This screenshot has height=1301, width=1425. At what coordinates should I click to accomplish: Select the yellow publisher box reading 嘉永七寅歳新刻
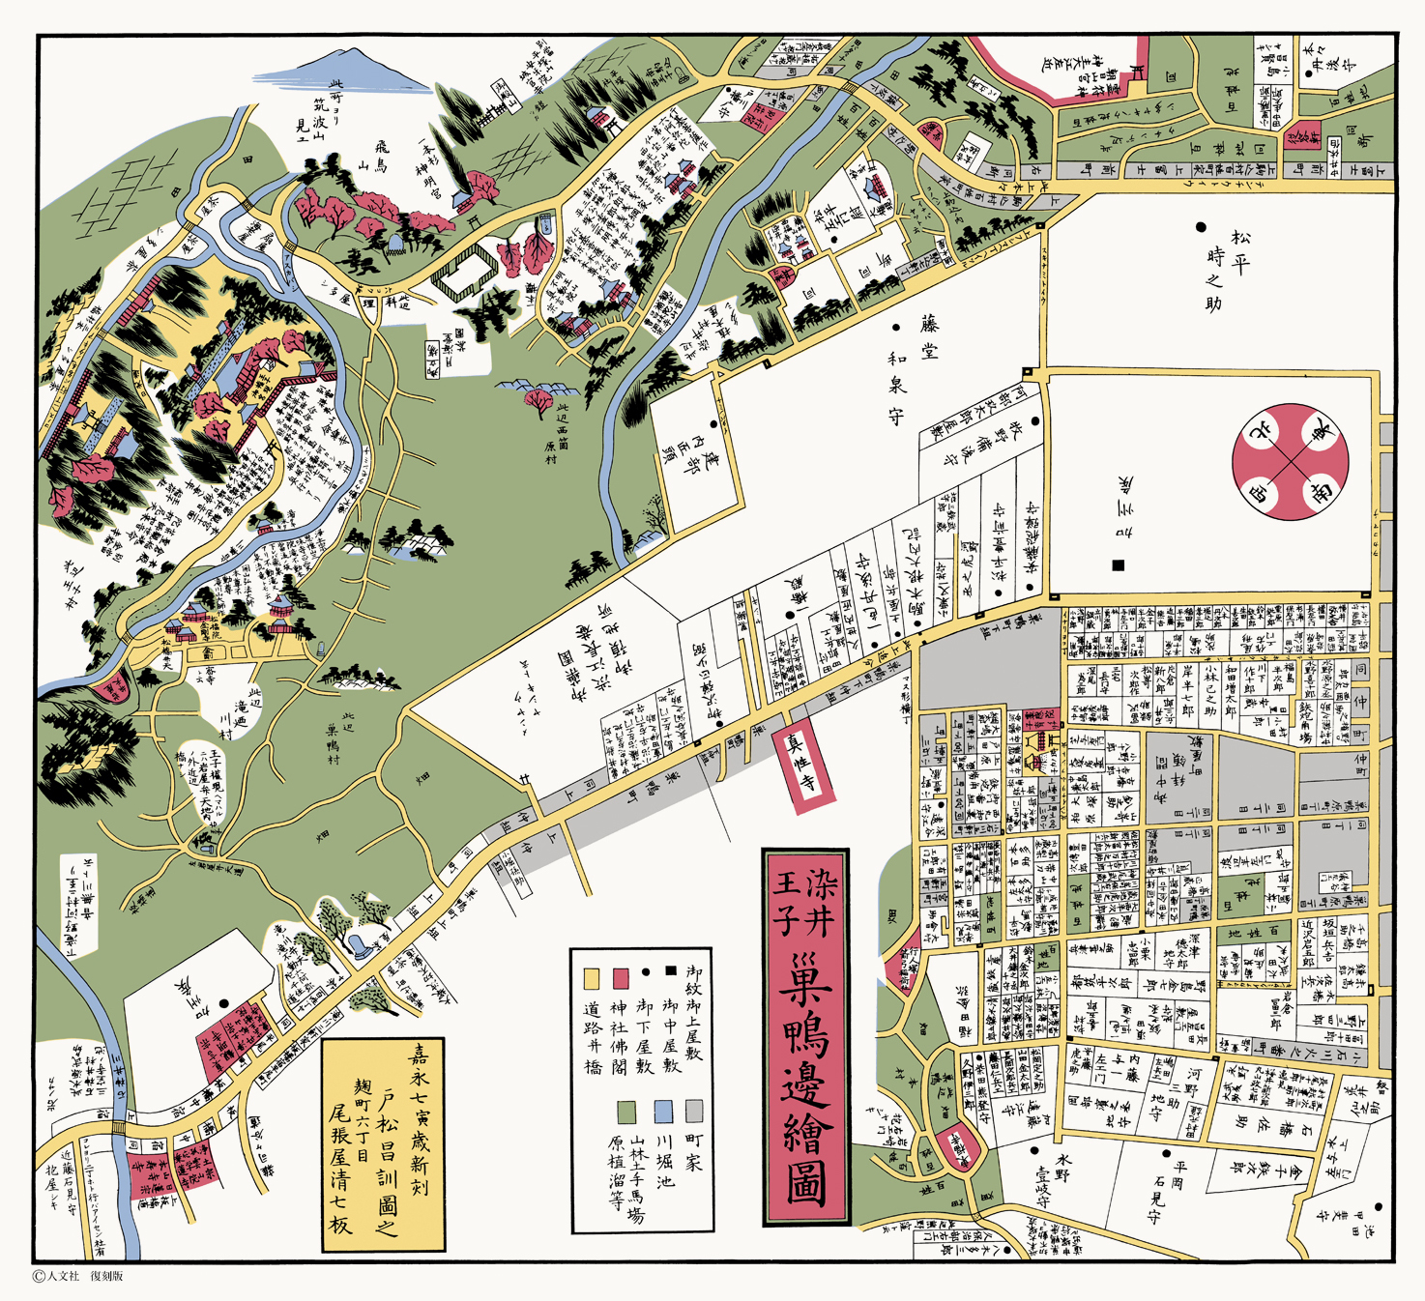coord(383,1145)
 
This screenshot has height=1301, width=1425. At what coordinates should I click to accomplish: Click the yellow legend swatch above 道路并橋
coord(592,977)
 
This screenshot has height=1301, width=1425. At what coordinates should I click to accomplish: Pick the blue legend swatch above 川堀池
coord(663,1111)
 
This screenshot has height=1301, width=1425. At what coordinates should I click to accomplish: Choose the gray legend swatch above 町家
coord(693,1111)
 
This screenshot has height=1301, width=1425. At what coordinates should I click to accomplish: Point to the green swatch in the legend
coord(626,1112)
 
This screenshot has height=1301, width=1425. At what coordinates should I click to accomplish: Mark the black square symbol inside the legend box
coord(670,970)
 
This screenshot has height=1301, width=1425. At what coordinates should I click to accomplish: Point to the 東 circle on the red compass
coord(1322,430)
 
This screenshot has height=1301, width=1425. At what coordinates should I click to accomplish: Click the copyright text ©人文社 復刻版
coord(77,1276)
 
